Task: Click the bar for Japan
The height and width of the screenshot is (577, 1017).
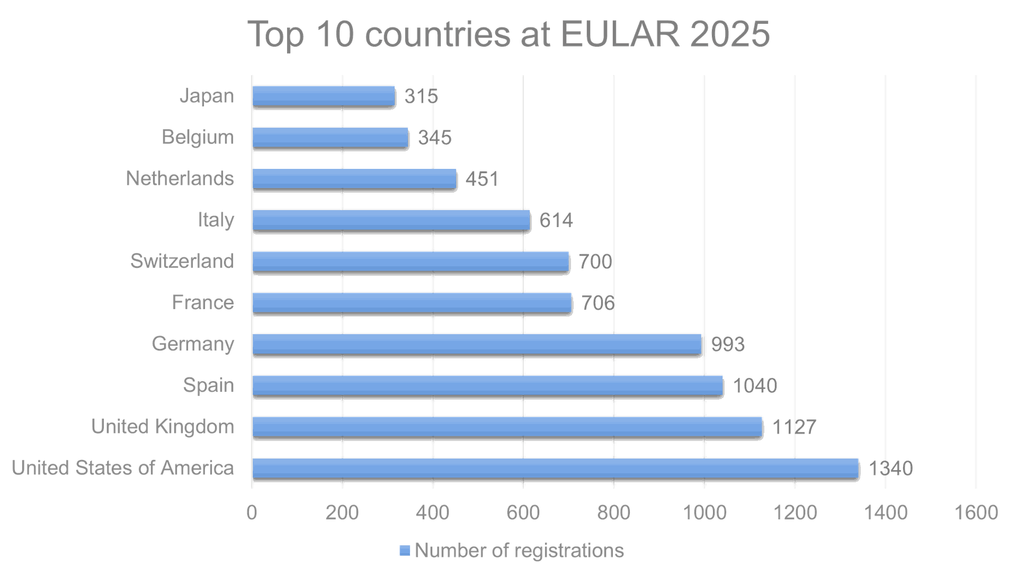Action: click(x=324, y=96)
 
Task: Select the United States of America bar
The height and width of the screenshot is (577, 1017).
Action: click(x=555, y=468)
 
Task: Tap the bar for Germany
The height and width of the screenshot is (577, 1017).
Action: click(x=477, y=344)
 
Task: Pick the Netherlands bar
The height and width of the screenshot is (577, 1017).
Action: click(x=354, y=178)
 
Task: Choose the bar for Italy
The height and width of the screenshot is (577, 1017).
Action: click(x=391, y=220)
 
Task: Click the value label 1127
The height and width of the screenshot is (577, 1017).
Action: click(x=794, y=427)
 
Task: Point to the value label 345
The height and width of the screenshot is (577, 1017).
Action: click(x=435, y=138)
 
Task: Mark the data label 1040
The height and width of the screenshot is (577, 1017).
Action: click(x=755, y=385)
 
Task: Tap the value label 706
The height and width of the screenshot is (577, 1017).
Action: click(x=598, y=303)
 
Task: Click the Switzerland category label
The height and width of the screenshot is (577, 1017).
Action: click(x=182, y=261)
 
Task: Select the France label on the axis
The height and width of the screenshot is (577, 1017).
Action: click(x=202, y=302)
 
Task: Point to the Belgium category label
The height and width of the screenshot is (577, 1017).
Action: click(x=197, y=137)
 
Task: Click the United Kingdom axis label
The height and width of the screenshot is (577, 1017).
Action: click(x=163, y=426)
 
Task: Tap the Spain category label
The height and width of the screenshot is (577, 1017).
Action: click(x=208, y=385)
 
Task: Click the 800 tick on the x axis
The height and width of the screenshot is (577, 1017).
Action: click(x=613, y=512)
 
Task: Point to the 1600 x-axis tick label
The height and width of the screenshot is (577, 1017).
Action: click(x=975, y=512)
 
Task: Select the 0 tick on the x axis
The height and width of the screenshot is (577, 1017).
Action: click(x=252, y=512)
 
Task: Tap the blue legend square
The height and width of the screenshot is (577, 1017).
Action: click(x=404, y=551)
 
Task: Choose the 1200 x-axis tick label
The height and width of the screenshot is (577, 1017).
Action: click(x=795, y=512)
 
